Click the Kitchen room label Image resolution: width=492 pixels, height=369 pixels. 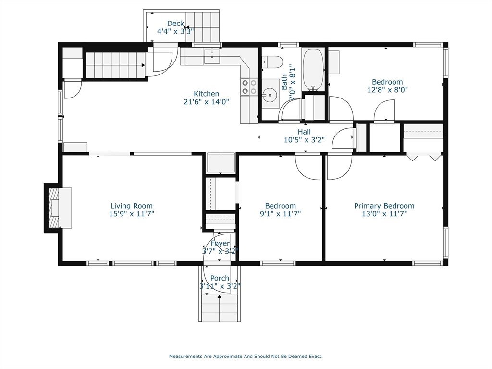point(206,94)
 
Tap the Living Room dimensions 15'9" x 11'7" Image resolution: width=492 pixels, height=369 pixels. point(132,214)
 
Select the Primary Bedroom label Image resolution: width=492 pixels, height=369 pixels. point(384,206)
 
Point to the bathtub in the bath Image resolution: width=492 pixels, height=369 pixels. point(313,69)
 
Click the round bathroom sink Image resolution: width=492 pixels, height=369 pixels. point(270,95)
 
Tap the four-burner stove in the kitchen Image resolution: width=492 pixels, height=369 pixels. point(249,86)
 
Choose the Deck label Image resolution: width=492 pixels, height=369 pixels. point(175,23)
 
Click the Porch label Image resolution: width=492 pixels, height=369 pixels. point(220,278)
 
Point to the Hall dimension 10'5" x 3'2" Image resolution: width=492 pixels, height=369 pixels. point(304,140)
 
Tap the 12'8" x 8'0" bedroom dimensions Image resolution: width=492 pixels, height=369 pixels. point(387,90)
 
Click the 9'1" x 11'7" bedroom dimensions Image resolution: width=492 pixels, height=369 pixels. point(280,214)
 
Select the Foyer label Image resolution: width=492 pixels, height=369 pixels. point(220,243)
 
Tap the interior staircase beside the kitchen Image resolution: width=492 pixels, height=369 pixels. point(115,64)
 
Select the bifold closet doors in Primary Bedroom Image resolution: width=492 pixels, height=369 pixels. point(424,157)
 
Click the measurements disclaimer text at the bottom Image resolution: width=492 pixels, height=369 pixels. point(246,357)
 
